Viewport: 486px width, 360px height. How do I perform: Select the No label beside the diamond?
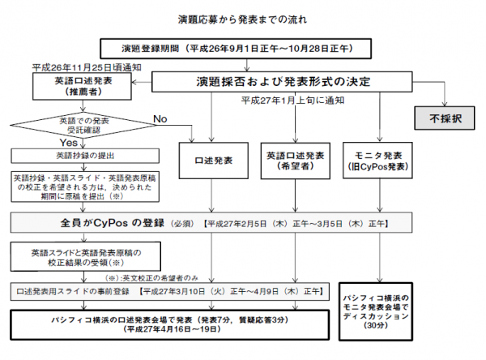click(160, 119)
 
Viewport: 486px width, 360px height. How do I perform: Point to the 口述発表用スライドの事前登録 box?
click(171, 289)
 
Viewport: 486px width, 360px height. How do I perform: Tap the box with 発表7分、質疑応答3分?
click(171, 324)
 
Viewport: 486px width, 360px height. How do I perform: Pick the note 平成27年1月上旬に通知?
click(293, 101)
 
